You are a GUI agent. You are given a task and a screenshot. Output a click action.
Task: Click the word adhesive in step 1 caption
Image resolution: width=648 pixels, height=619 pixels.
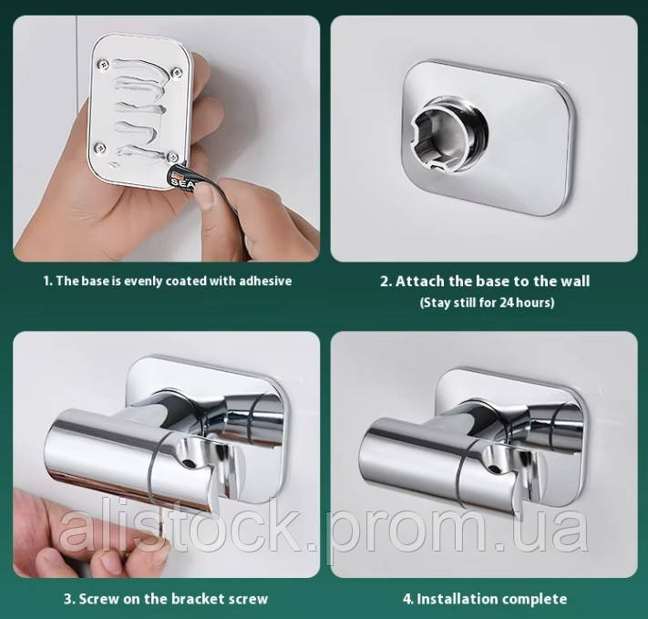266,281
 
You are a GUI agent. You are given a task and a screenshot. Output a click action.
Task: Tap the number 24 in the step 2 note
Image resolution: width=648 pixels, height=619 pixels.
507,303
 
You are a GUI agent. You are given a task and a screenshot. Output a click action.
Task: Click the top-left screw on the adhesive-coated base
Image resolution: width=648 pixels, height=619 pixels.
102,64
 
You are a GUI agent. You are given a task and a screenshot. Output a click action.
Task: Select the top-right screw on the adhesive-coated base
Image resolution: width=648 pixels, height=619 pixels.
177,72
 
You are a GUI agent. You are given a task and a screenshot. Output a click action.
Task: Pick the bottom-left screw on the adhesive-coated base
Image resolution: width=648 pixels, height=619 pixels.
99,147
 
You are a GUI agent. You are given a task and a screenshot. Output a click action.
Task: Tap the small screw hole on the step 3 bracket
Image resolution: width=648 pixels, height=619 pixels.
190,463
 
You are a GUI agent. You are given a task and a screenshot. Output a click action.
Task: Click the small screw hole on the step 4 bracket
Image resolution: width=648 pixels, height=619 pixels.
493,469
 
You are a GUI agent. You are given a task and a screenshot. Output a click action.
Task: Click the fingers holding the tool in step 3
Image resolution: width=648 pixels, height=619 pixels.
83,538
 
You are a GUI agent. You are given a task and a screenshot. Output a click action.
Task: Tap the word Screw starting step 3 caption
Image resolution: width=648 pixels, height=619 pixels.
98,599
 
